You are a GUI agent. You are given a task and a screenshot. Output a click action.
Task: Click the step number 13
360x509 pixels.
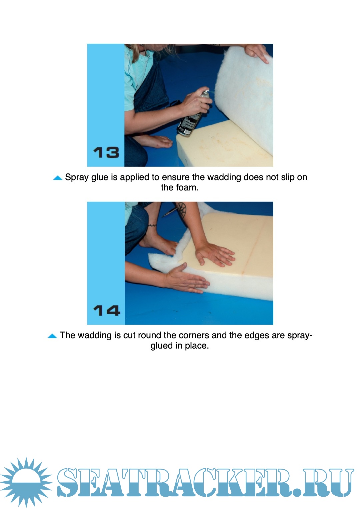click(106, 152)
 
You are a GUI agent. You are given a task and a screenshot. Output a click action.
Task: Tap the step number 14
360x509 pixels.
click(107, 311)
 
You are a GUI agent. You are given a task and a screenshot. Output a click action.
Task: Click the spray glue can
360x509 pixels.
click(193, 114)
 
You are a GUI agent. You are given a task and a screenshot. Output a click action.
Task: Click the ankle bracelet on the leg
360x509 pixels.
click(152, 225)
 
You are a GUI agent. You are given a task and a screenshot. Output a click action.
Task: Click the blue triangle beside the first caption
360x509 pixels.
click(57, 178)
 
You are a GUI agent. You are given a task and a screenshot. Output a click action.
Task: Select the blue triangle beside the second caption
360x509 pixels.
click(52, 336)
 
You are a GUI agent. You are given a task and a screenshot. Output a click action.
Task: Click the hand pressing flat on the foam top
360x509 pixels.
click(214, 254)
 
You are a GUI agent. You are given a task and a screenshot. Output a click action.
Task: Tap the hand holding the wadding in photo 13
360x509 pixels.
click(257, 53)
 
